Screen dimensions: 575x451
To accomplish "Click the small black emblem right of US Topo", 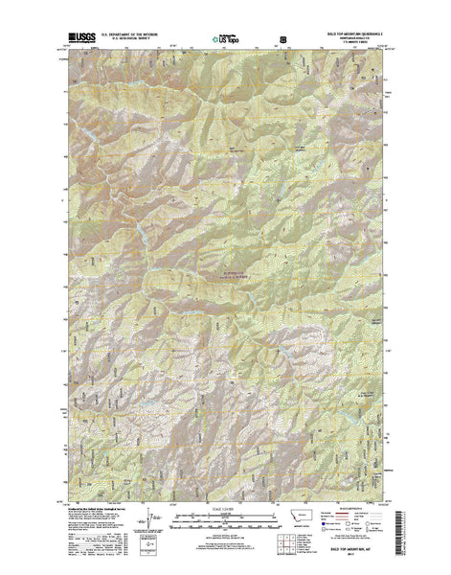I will tap(282, 39).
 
